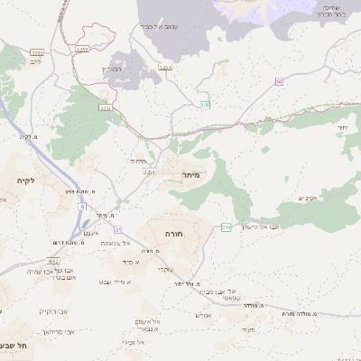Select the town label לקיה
[x=25, y=180]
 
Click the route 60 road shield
[x=280, y=82]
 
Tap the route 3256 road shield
[x=165, y=67]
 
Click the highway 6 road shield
[x=82, y=207]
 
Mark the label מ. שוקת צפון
[x=56, y=190]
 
